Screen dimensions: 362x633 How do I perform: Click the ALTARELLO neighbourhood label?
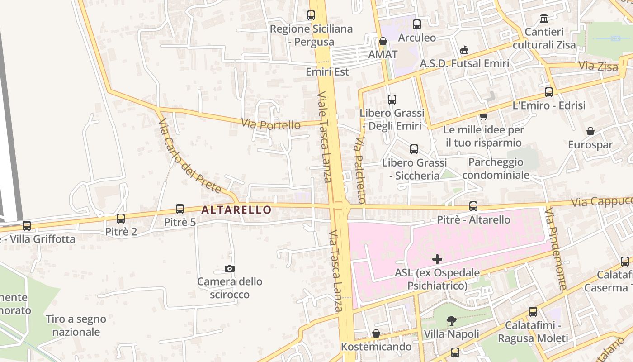point(236,210)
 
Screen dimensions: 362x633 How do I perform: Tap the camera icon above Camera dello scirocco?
point(230,269)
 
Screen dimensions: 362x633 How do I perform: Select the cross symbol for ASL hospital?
point(437,259)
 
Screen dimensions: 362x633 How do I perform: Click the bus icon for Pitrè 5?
point(180,209)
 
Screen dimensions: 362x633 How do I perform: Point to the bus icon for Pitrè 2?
point(121,219)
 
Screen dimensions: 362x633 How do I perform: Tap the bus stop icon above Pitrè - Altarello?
point(473,206)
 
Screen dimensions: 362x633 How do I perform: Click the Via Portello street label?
point(270,124)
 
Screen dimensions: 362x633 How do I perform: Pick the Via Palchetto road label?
point(360,170)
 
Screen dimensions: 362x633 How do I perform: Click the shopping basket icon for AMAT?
point(383,42)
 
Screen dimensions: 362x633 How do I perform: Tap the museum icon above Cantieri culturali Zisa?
point(544,19)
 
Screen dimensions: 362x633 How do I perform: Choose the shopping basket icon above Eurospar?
point(590,132)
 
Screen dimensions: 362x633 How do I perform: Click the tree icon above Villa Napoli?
point(451,321)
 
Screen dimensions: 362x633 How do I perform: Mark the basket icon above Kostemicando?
point(376,334)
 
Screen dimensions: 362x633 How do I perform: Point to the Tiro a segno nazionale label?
point(76,325)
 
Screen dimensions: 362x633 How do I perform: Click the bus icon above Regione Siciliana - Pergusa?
point(311,15)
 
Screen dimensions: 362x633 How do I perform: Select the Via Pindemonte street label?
point(555,248)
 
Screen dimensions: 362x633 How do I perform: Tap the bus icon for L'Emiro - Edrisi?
point(549,92)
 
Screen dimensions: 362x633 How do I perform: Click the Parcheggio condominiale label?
point(496,168)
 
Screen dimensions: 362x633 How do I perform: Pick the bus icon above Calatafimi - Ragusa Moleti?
point(533,312)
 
